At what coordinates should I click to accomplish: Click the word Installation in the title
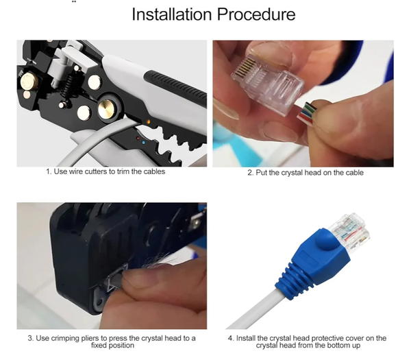[x=172, y=14]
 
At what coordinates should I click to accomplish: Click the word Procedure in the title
[x=256, y=14]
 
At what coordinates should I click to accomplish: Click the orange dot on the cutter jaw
[x=149, y=121]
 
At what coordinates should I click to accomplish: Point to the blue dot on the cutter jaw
[x=143, y=143]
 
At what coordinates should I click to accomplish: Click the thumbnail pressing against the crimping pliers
[x=140, y=277]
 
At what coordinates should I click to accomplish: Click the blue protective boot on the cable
[x=314, y=263]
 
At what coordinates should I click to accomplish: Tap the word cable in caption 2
[x=354, y=173]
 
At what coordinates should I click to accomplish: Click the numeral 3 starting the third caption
[x=30, y=338]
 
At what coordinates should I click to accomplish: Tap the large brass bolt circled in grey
[x=107, y=108]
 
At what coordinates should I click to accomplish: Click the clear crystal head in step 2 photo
[x=267, y=84]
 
